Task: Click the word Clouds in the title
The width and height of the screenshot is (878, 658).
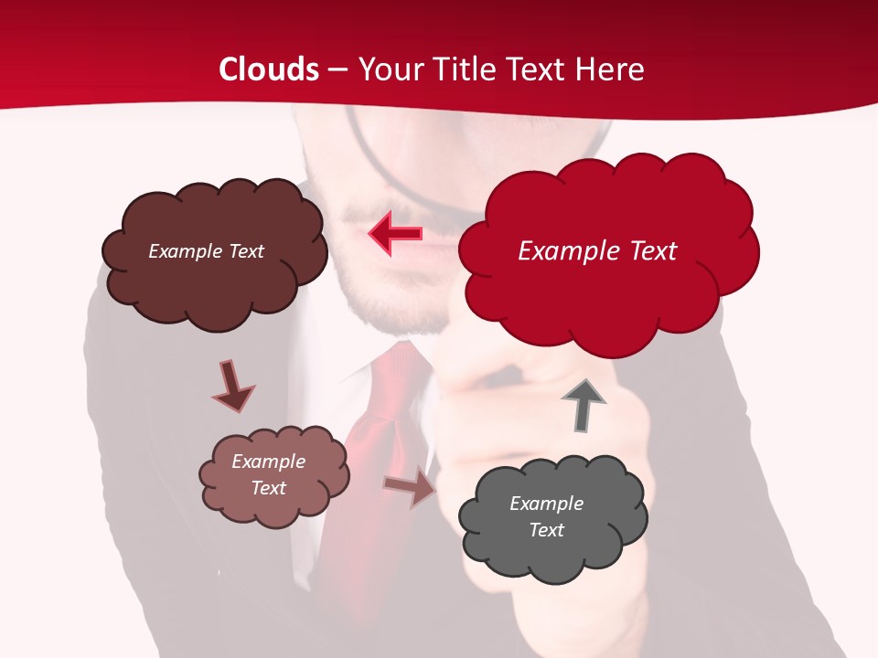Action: click(269, 69)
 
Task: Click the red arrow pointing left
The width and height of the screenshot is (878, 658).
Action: click(395, 233)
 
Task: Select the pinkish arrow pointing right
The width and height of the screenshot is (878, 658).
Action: click(410, 486)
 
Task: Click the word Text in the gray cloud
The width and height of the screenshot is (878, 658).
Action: click(546, 530)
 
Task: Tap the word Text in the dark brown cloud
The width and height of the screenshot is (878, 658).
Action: click(244, 251)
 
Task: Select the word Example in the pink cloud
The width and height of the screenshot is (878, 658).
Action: click(268, 462)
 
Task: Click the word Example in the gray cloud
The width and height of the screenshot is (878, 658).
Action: click(546, 504)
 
